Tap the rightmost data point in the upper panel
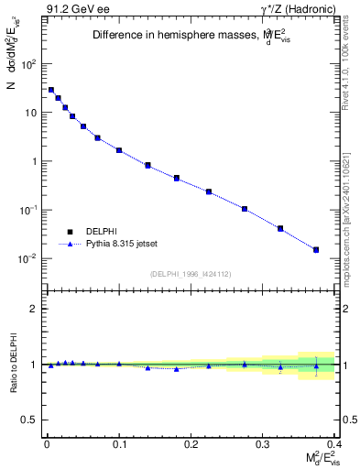[316, 249]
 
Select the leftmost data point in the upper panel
[51, 90]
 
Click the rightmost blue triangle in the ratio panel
[316, 366]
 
